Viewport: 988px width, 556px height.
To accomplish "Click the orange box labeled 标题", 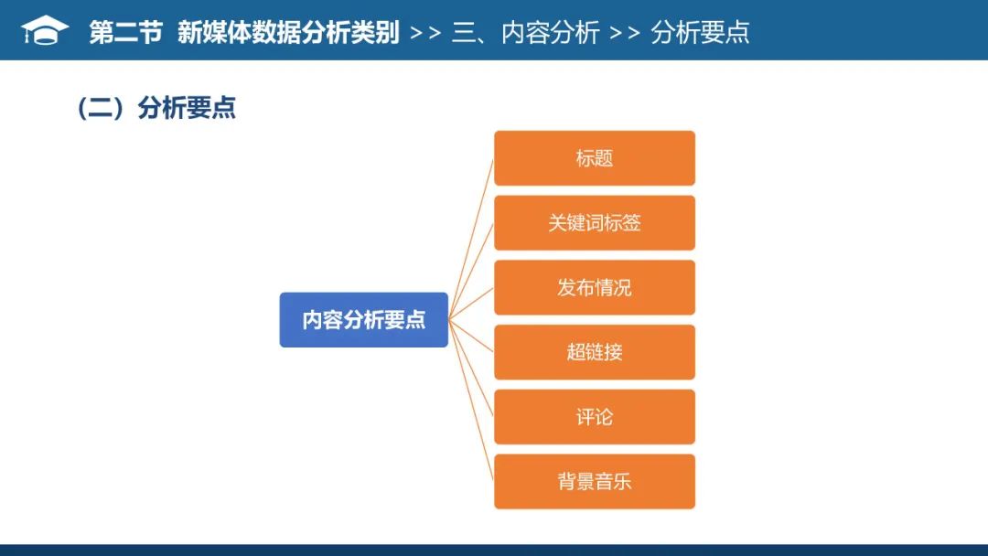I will pyautogui.click(x=595, y=158).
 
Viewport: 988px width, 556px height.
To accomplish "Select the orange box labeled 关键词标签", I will pyautogui.click(x=595, y=223).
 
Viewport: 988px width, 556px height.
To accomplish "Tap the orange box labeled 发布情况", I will pyautogui.click(x=595, y=287).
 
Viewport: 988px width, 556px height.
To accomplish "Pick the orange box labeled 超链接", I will pyautogui.click(x=595, y=352).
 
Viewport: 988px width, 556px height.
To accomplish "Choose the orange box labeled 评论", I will pyautogui.click(x=595, y=417).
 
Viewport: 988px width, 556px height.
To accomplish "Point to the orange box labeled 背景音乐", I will pyautogui.click(x=595, y=482).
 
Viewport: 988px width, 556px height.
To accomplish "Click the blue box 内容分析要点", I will pyautogui.click(x=363, y=320).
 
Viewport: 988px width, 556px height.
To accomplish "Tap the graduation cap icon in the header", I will pyautogui.click(x=45, y=31).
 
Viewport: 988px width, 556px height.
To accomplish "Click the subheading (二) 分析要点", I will pyautogui.click(x=156, y=108).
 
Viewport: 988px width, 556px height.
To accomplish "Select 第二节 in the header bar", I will pyautogui.click(x=125, y=33).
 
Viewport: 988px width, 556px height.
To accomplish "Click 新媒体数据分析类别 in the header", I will pyautogui.click(x=288, y=33).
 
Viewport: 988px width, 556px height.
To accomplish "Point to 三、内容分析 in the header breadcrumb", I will pyautogui.click(x=526, y=33).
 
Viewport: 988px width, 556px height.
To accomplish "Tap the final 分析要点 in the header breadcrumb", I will pyautogui.click(x=700, y=33).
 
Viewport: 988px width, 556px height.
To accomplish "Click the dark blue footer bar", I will pyautogui.click(x=494, y=551).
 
